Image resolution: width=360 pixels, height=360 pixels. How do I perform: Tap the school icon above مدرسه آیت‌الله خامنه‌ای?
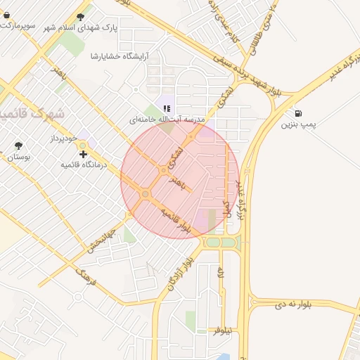[167, 108]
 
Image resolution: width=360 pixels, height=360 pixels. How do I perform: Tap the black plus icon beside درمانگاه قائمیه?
[84, 153]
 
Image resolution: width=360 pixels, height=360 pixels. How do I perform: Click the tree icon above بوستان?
[18, 146]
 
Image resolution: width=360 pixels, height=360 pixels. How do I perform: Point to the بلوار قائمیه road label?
[176, 220]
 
